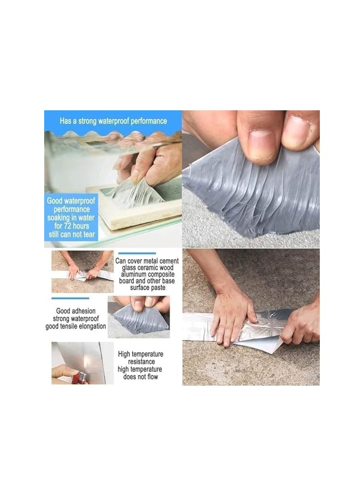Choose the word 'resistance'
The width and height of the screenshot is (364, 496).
[x=141, y=362]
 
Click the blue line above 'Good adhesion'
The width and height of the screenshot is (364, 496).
[x=70, y=298]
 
